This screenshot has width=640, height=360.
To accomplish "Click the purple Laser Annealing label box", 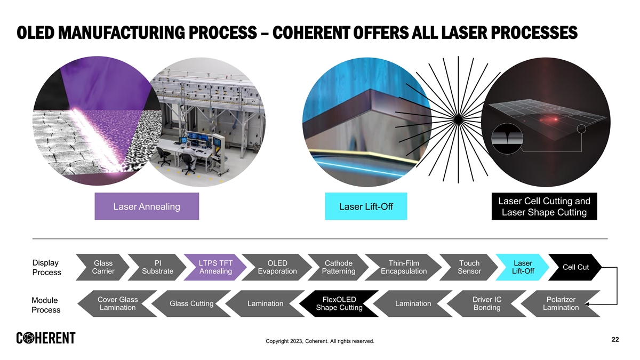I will (147, 206).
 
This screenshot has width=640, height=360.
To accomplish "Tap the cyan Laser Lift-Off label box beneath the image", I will (366, 206).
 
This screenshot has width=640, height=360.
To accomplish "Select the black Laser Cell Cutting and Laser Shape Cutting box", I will (544, 206).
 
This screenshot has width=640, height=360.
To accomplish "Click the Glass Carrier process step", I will (103, 267).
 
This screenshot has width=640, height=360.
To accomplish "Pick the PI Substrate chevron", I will (158, 267).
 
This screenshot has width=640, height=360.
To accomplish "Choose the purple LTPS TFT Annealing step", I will (215, 267).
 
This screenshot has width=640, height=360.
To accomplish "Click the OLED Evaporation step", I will (277, 267).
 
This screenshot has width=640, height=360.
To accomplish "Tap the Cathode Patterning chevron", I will (339, 267).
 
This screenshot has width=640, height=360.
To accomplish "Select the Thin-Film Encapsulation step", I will (404, 267).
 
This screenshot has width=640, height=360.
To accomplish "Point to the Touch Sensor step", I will (469, 267).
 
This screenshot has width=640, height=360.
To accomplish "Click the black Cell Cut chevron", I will (575, 267).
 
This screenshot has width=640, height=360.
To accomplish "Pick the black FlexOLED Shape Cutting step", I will (339, 303).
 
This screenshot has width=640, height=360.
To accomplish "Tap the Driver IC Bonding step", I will (487, 303).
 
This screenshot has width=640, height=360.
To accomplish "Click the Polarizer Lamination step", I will (560, 303).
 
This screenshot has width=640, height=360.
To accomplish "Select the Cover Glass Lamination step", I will (118, 303).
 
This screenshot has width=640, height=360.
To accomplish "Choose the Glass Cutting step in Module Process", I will (191, 303).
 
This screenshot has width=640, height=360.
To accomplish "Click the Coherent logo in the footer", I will (46, 338).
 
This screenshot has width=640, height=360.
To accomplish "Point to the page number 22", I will (615, 340).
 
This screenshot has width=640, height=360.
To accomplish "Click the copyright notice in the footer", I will (320, 341).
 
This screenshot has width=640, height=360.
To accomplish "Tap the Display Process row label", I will (47, 268).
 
